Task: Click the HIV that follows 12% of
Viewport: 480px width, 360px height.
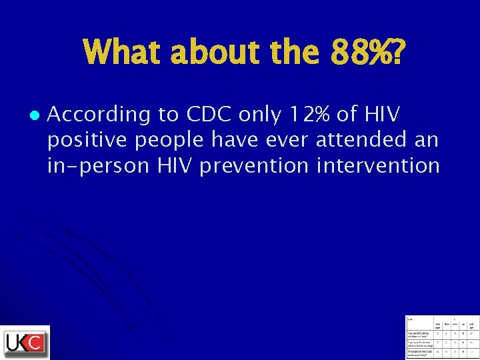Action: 382,115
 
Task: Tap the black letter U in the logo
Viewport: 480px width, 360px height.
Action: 13,343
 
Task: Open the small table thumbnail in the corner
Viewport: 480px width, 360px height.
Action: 442,336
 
